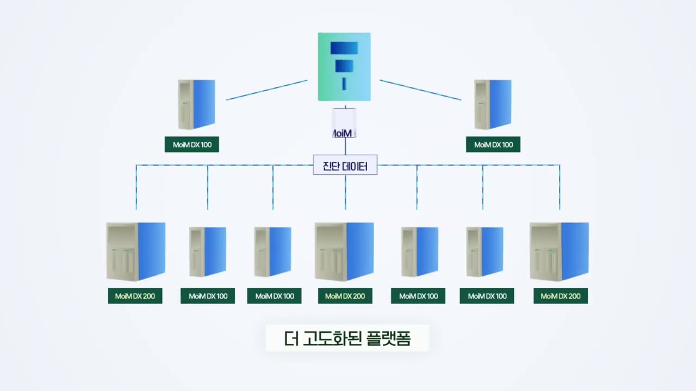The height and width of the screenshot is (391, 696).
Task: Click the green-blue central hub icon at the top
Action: (x=344, y=67)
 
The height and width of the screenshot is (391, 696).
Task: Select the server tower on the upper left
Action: (x=197, y=104)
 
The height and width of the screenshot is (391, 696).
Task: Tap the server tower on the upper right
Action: (x=493, y=104)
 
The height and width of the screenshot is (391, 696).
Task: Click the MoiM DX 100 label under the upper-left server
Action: (x=192, y=144)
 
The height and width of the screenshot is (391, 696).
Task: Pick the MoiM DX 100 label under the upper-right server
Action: (x=493, y=144)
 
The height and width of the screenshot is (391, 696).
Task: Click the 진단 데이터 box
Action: (x=345, y=166)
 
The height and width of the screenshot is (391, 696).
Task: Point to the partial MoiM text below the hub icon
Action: (x=343, y=133)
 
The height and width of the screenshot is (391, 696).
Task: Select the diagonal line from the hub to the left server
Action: (x=266, y=90)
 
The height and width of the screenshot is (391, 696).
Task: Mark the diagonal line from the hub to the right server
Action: (x=420, y=90)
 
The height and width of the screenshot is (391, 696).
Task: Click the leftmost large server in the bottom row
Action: (x=136, y=251)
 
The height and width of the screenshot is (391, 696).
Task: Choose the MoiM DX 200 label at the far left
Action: (x=135, y=296)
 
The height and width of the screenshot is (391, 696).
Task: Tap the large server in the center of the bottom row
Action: (x=344, y=251)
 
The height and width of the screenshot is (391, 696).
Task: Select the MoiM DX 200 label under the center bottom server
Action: (x=345, y=296)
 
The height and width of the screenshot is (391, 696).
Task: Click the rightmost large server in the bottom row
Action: (x=559, y=251)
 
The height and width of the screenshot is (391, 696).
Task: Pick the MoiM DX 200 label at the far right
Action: (x=561, y=296)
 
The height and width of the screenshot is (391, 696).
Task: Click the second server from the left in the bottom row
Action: (x=208, y=251)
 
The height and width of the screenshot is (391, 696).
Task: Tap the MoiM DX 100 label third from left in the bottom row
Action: (x=274, y=296)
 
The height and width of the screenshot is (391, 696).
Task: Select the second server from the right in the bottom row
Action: (x=485, y=251)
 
